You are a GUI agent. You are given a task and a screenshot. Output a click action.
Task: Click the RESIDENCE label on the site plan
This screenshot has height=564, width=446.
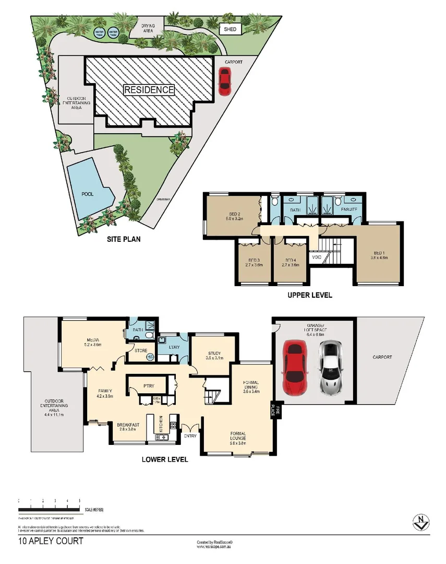[149, 90]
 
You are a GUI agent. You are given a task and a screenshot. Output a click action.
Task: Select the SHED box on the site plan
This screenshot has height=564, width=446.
[230, 30]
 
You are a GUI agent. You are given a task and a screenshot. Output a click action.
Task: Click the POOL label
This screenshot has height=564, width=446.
[87, 194]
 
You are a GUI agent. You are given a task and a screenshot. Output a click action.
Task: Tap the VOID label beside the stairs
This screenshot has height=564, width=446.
[316, 257]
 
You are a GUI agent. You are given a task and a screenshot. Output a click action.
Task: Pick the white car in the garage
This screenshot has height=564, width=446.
[330, 367]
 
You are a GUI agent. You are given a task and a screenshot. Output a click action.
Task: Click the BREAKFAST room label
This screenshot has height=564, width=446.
[128, 425]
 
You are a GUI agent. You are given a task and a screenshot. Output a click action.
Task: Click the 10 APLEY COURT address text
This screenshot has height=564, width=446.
[51, 542]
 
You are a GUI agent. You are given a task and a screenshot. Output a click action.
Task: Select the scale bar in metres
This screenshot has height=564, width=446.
[49, 509]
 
